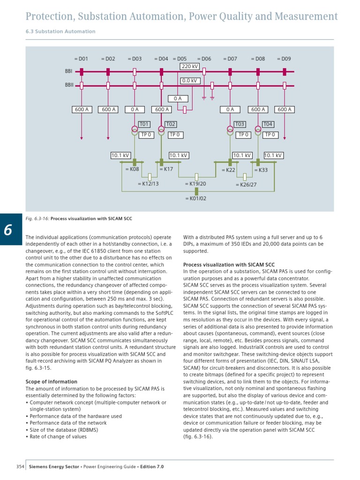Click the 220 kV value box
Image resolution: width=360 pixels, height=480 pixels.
click(190, 67)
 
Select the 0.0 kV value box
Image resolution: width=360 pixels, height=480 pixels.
click(190, 81)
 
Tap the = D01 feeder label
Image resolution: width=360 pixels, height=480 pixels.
click(81, 59)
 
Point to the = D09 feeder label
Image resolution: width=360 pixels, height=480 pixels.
click(284, 59)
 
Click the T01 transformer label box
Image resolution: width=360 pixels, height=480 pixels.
click(144, 124)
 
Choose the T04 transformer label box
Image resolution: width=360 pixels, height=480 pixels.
click(268, 124)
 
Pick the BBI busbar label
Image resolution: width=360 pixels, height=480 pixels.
click(68, 72)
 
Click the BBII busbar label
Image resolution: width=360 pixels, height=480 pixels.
click(68, 86)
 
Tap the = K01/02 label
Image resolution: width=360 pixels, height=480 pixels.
click(195, 198)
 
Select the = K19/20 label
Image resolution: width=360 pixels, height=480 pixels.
click(195, 184)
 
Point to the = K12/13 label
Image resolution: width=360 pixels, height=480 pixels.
click(148, 184)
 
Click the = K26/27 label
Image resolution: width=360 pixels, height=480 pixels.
click(246, 185)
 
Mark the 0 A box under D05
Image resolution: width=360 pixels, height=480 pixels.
click(178, 99)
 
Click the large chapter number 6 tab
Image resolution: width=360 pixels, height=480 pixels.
click(8, 230)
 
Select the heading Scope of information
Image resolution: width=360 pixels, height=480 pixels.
click(51, 382)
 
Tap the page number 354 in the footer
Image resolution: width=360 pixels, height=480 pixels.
click(20, 467)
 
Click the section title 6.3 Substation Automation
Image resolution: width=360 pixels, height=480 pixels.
click(60, 31)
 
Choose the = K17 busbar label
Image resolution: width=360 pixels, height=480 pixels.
click(166, 169)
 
